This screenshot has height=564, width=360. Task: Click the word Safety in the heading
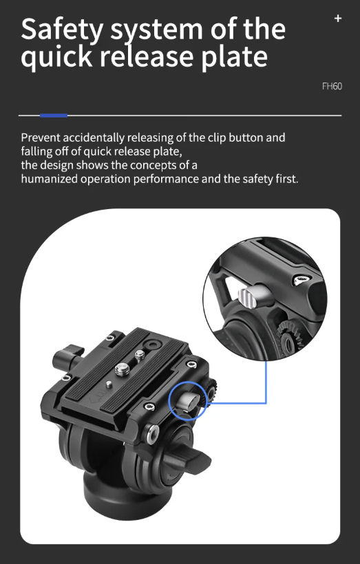62,30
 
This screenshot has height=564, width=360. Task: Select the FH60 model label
332,87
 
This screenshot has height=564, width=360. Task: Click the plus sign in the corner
338,19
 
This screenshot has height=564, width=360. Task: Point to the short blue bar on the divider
54,116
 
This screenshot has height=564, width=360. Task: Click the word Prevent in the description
41,138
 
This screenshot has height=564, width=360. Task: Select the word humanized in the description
50,179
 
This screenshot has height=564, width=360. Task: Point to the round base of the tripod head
119,496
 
